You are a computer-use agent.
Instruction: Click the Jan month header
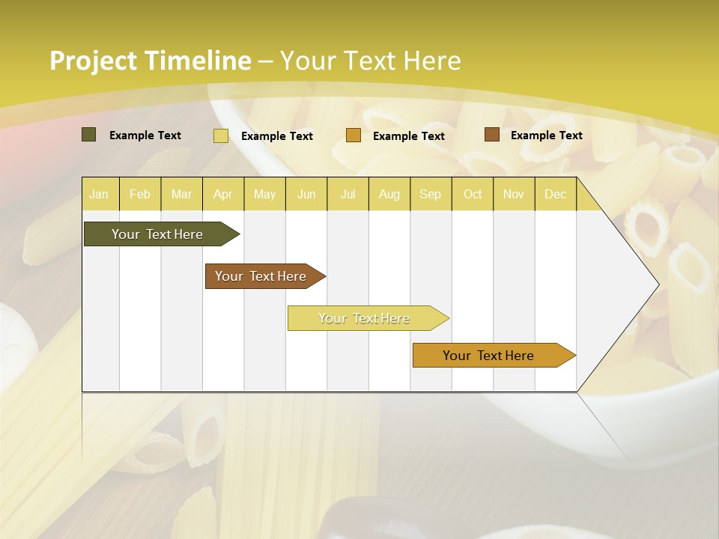[99, 194]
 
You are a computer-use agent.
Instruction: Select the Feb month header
[140, 194]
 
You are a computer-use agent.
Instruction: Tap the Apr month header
[223, 194]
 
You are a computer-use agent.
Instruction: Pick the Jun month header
[306, 194]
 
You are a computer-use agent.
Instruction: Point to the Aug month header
[389, 194]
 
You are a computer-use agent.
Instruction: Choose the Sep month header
[431, 194]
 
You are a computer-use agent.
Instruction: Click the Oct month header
[473, 194]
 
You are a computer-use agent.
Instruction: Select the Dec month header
[556, 194]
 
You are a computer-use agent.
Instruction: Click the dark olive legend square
[89, 135]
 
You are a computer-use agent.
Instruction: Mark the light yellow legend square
[221, 135]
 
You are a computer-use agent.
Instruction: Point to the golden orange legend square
[354, 135]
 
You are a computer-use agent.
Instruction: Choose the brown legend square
[491, 135]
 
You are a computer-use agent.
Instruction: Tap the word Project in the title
[93, 61]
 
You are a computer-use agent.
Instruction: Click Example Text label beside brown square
[546, 135]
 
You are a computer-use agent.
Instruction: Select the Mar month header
[181, 194]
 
